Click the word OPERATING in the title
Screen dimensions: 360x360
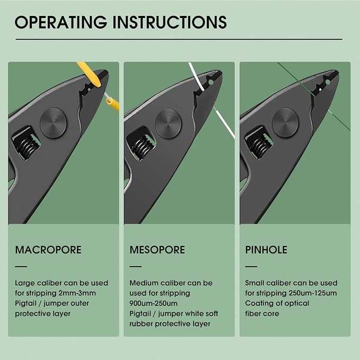(x=61, y=22)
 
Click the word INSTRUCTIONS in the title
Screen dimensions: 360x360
(x=170, y=22)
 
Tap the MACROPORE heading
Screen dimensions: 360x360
(x=48, y=250)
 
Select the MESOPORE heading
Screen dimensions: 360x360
(x=157, y=250)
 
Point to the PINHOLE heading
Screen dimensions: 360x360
(x=266, y=250)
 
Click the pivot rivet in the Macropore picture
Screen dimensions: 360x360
(x=53, y=124)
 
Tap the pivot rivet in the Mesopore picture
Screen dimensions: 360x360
(x=168, y=124)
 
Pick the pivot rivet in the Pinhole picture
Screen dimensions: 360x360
(x=285, y=122)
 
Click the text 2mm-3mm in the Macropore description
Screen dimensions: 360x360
(x=77, y=293)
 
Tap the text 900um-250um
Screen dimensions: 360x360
(x=154, y=303)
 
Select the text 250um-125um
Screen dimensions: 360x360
(x=312, y=293)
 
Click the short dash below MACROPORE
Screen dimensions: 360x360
(x=21, y=267)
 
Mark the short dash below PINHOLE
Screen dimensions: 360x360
(x=251, y=267)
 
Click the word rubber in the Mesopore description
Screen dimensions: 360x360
(x=141, y=324)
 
